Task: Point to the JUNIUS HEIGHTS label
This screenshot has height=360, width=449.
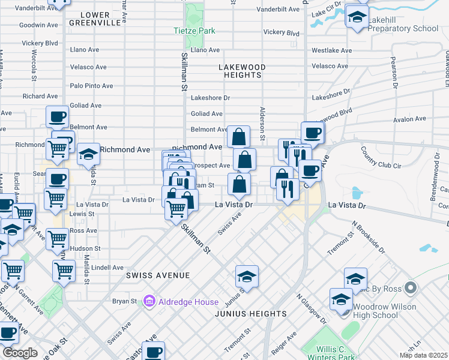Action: click(252, 314)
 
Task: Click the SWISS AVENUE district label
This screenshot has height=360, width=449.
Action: click(158, 275)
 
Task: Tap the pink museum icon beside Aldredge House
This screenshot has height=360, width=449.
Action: click(150, 301)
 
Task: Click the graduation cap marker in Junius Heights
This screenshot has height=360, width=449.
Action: click(247, 277)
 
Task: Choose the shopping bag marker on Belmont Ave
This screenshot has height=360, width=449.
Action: click(238, 136)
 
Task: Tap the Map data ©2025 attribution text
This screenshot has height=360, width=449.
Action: click(424, 356)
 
